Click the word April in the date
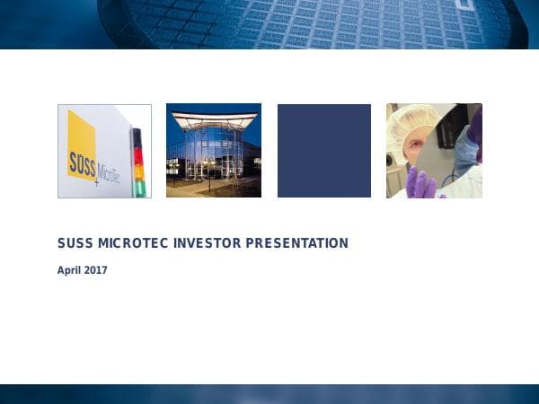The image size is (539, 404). click(69, 270)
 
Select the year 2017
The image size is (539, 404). click(96, 270)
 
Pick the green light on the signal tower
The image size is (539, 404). click(138, 187)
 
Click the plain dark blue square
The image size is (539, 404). click(324, 151)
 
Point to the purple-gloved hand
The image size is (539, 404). click(420, 183)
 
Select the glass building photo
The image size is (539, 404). click(214, 151)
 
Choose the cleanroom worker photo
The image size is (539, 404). click(434, 151)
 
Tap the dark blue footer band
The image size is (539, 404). click(269, 394)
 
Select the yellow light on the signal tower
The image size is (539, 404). click(138, 170)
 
